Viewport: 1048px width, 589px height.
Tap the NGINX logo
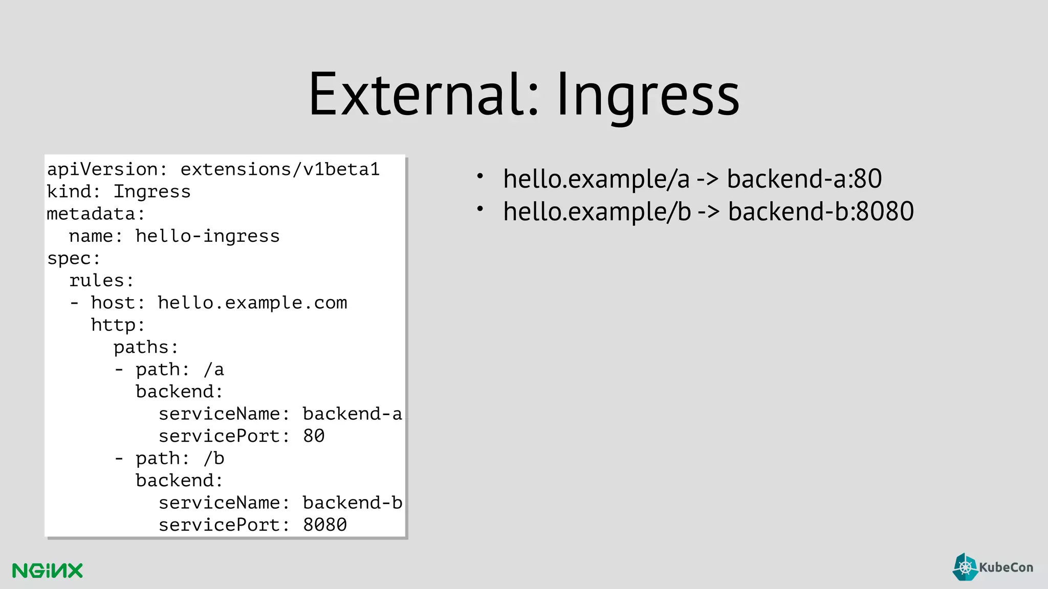coord(48,571)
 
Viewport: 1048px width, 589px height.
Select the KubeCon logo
coord(993,567)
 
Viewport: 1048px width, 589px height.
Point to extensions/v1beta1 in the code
coord(280,169)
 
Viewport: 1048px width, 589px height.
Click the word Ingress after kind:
coord(152,192)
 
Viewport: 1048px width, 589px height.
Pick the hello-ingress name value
coord(207,236)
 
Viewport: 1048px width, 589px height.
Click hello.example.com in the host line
coord(252,303)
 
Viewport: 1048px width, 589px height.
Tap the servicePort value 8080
coord(325,525)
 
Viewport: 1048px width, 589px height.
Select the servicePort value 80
coord(314,436)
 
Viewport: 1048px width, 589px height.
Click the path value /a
coord(213,370)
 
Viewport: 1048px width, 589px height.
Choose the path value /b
coord(213,459)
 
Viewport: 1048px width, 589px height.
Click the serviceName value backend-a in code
coord(352,414)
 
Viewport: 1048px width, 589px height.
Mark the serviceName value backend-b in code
coord(352,503)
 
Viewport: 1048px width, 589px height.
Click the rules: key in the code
coord(101,281)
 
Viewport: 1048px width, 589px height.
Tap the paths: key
coord(146,348)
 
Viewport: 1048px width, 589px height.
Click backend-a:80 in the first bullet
coord(804,179)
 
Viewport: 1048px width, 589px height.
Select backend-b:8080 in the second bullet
coord(821,212)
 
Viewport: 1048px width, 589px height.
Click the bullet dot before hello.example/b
coord(480,209)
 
